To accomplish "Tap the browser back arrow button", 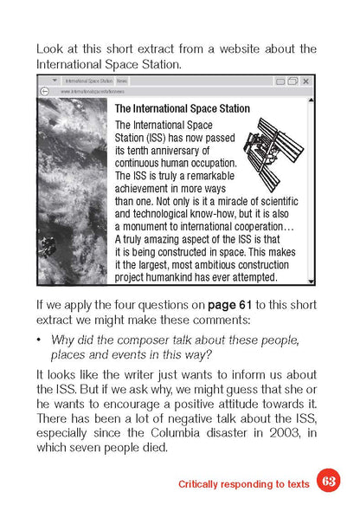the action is pos(44,90).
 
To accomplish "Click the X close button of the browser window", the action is pos(305,80).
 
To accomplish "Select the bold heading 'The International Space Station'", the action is pos(183,109).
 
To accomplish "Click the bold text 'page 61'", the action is pos(228,305).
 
